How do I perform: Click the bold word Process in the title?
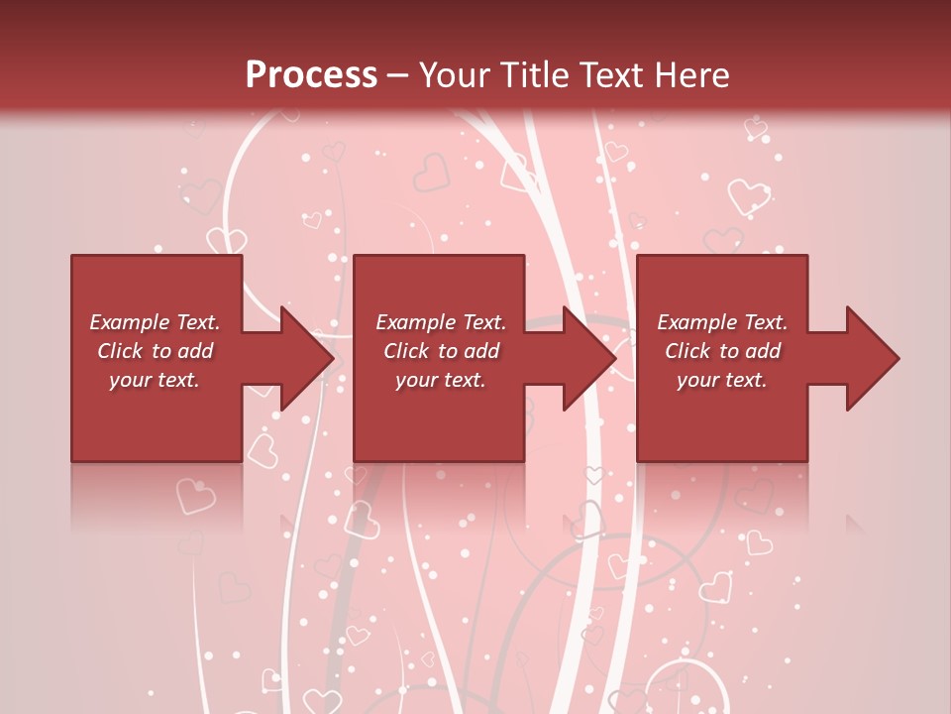(311, 75)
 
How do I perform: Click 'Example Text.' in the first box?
(155, 322)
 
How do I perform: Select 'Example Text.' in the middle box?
(441, 322)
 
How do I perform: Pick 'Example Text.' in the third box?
(722, 322)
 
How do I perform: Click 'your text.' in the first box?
(155, 380)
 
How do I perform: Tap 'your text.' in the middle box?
(441, 380)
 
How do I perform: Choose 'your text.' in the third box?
(722, 380)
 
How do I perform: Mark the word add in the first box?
(195, 351)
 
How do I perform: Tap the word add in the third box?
(763, 351)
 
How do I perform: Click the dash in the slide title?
(398, 75)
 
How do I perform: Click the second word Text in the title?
(613, 75)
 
